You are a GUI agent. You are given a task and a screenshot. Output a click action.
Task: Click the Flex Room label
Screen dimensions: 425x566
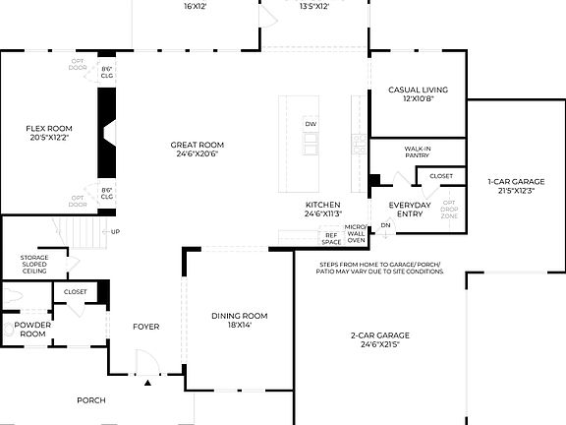pos(48,132)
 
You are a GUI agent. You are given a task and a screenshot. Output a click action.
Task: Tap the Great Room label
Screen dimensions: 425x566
pos(198,148)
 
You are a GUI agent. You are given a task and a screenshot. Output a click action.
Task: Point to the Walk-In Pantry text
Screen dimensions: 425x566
pos(418,152)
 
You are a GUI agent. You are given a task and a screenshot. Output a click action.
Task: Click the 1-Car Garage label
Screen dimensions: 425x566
pos(516,186)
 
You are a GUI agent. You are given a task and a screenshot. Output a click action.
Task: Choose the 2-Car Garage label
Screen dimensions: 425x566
pos(379,340)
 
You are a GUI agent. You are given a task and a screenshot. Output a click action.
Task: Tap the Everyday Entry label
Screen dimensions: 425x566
pos(410,210)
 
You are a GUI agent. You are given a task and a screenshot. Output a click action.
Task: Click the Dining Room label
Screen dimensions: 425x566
pos(239,320)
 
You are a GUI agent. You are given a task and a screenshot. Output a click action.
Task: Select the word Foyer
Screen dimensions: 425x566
pos(146,327)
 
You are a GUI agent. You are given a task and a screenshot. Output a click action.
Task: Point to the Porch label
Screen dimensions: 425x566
pos(91,400)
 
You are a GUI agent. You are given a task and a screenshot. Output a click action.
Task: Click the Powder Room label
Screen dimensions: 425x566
pos(32,330)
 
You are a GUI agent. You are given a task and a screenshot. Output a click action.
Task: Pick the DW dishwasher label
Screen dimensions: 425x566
pos(311,124)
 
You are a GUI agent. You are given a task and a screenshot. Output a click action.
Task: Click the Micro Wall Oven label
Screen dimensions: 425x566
pos(356,233)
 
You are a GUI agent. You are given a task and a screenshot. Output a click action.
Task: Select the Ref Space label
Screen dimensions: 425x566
pos(331,237)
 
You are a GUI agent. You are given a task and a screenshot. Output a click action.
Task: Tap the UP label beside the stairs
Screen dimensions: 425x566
pos(116,232)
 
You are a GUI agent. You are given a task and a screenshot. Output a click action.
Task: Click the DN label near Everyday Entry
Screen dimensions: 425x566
pos(385,225)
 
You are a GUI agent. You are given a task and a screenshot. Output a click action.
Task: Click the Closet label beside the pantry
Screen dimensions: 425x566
pos(441,176)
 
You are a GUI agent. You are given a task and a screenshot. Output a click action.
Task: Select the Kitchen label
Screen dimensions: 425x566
pos(321,209)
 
